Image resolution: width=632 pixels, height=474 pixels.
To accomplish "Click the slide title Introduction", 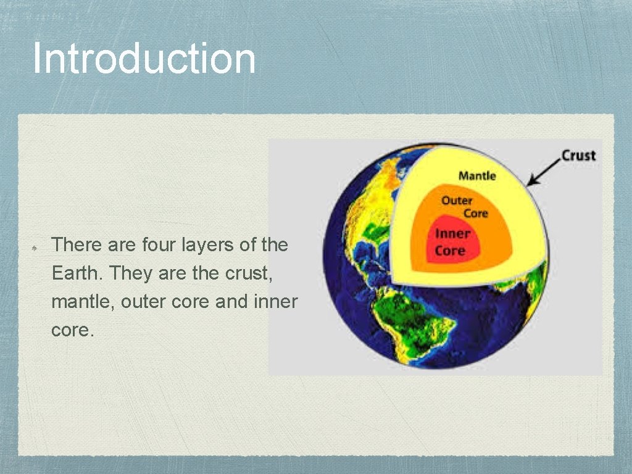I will pyautogui.click(x=143, y=58).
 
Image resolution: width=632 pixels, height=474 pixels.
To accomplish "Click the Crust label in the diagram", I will pyautogui.click(x=578, y=156).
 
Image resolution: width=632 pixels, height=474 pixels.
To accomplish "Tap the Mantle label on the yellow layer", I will pyautogui.click(x=476, y=176).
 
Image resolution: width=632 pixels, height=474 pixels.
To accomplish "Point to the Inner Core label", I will pyautogui.click(x=452, y=242).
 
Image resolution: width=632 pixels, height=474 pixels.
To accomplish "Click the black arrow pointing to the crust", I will pyautogui.click(x=543, y=175).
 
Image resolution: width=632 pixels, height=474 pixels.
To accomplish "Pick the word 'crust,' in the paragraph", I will pyautogui.click(x=251, y=273).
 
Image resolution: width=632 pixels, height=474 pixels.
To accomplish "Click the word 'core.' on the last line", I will pyautogui.click(x=73, y=330).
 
